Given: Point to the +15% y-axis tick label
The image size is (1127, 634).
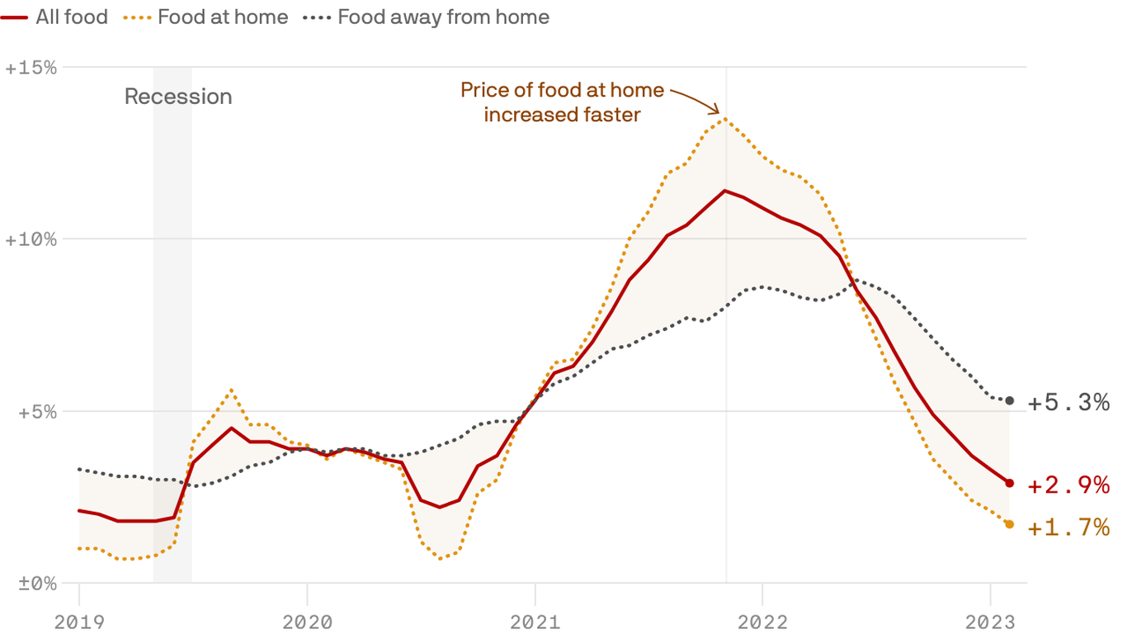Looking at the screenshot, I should click(31, 68).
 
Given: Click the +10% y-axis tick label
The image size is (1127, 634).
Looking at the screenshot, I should click(31, 239).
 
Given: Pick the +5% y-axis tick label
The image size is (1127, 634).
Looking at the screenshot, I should click(36, 411).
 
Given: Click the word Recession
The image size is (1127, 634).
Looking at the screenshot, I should click(178, 97).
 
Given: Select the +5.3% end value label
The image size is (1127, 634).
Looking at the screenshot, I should click(1068, 403).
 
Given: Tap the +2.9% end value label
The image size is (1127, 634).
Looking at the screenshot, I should click(1068, 485).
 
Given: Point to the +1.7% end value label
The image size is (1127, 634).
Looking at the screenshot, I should click(1068, 527).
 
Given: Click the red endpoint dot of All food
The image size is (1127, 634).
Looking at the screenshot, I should click(1009, 483).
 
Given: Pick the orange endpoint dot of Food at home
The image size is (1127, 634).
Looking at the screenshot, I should click(1009, 524).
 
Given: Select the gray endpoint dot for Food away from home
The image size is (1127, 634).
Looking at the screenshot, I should click(1009, 400).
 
